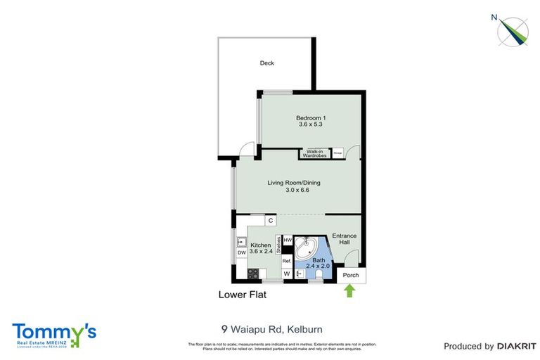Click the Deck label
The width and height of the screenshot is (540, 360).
coord(266,63)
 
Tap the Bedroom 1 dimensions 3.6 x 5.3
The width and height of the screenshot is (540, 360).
coord(310,125)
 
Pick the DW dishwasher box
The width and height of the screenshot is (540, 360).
coord(240,252)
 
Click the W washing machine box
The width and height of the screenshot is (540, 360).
coord(287,274)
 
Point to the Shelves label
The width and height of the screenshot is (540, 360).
coord(278,243)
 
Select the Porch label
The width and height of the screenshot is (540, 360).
coord(350,275)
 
